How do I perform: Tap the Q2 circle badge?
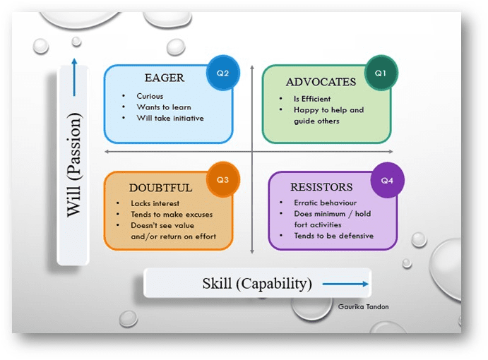[223, 73]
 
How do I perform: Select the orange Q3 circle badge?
[222, 179]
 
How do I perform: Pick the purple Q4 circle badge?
[387, 181]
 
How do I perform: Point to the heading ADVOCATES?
[321, 82]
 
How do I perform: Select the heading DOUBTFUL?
[160, 188]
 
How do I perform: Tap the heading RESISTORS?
[321, 188]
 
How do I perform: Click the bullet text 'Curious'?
[150, 96]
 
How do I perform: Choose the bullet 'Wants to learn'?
[164, 107]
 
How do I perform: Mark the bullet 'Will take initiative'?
[170, 118]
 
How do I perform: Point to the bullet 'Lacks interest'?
[155, 203]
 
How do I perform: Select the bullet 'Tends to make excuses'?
[172, 215]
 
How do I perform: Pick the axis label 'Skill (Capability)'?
[256, 284]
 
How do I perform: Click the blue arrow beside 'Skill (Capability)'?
[345, 284]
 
